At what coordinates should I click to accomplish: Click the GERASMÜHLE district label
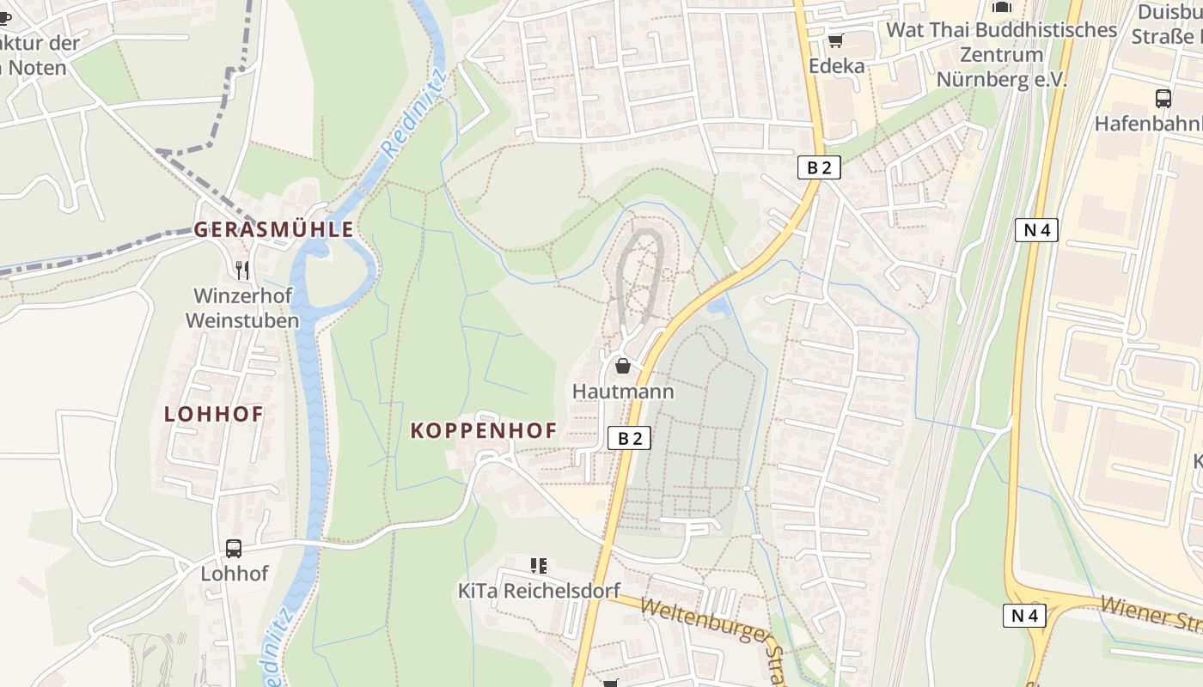click(x=273, y=229)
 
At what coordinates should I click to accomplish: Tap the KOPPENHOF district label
click(x=483, y=430)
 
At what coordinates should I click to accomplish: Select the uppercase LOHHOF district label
click(x=213, y=413)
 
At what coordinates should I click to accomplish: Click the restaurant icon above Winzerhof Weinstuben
click(x=242, y=271)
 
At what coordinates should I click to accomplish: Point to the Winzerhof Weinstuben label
click(x=242, y=308)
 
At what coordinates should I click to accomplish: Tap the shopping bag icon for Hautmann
click(x=623, y=367)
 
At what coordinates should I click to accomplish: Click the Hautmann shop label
click(x=623, y=392)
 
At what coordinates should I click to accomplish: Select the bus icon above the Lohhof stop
click(x=233, y=548)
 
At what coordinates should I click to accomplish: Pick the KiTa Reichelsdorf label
click(x=539, y=591)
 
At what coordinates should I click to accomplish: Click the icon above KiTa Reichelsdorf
click(x=539, y=565)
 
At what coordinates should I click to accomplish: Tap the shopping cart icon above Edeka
click(x=836, y=40)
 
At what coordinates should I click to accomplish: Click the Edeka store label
click(x=836, y=66)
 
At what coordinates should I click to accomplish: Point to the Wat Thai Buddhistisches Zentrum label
click(x=1001, y=54)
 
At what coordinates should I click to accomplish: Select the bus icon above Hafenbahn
click(x=1163, y=98)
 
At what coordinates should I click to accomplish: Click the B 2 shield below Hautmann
click(x=630, y=438)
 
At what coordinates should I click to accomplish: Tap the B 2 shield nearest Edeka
click(x=819, y=167)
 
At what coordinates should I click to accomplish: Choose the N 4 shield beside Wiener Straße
click(x=1024, y=615)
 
